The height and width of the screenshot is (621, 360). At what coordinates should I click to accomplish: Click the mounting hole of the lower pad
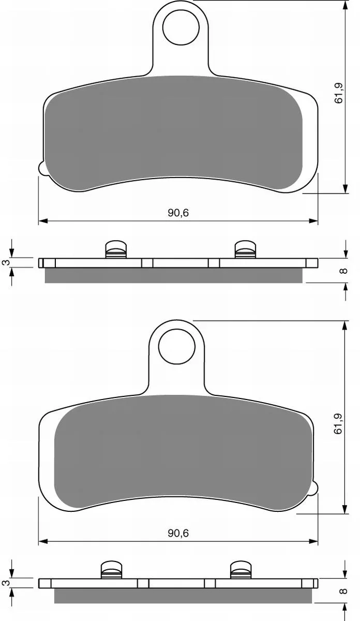(176, 347)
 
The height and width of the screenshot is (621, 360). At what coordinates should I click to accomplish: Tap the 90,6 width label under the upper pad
(178, 213)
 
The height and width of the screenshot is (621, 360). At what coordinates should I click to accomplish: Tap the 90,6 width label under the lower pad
(178, 533)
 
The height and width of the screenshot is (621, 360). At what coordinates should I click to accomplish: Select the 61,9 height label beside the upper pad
(339, 93)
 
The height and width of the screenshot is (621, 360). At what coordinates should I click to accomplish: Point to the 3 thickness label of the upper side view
(6, 262)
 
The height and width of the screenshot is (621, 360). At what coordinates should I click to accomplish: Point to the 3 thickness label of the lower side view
(6, 583)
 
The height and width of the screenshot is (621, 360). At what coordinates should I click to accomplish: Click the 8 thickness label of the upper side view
(343, 271)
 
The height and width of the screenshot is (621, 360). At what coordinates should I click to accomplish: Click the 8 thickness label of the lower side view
(343, 591)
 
